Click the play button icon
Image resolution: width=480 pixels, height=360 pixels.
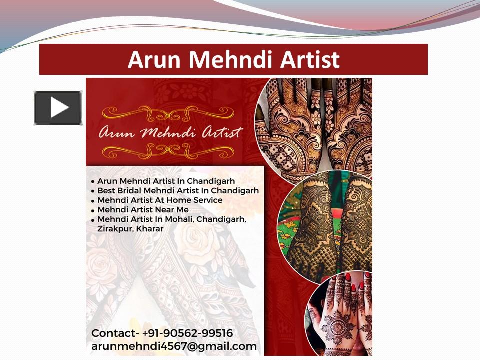point(58,108)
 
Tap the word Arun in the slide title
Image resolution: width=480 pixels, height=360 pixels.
point(155,59)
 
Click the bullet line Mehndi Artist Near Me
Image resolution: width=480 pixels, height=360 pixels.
point(143,210)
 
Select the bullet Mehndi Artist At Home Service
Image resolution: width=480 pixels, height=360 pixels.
point(160,200)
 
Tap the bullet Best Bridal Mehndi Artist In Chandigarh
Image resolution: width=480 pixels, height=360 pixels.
point(178,191)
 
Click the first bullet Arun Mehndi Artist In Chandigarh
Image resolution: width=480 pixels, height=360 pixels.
point(166,181)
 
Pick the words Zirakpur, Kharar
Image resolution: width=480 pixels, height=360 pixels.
point(130,229)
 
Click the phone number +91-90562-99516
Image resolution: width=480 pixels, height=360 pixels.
point(187,333)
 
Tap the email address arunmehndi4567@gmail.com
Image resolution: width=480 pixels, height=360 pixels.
point(174,346)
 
